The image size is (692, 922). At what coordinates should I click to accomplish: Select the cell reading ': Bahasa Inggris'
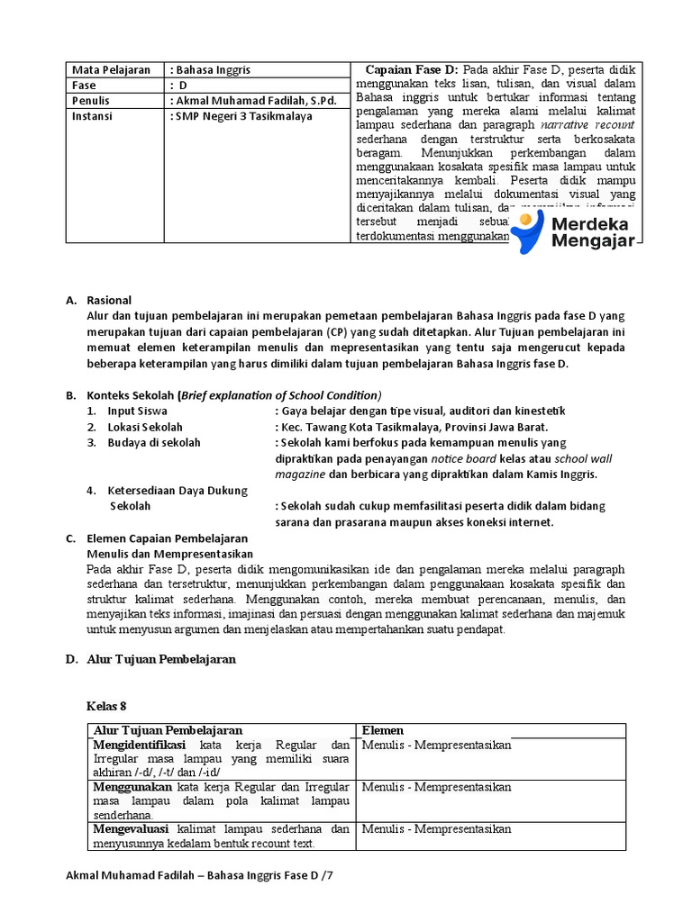(x=210, y=70)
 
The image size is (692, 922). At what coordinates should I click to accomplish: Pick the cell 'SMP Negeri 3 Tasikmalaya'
(x=241, y=116)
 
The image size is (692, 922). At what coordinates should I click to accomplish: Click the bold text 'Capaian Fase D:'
(x=412, y=70)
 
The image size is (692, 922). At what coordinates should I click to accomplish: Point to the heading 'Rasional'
(x=109, y=300)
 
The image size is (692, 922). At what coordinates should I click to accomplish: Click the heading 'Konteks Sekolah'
(x=131, y=395)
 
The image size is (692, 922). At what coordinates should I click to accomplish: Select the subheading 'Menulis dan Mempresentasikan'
(x=169, y=554)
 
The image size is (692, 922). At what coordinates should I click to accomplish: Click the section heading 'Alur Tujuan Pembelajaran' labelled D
(x=161, y=659)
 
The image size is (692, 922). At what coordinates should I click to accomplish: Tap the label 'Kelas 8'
(x=106, y=705)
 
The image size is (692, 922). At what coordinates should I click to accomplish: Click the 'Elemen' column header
(x=383, y=730)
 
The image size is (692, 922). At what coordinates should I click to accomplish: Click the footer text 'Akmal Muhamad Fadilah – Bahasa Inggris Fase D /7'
(x=205, y=875)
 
